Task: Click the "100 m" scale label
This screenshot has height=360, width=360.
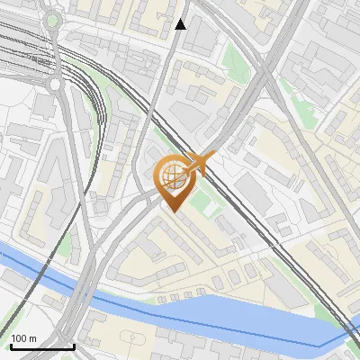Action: point(23,338)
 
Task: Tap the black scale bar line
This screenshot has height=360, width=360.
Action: point(41,346)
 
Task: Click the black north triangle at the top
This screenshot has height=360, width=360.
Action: point(181,24)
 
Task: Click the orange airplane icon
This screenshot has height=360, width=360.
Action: point(200,163)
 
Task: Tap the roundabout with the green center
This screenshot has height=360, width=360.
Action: point(52,20)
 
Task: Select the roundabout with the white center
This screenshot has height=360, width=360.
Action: point(57,85)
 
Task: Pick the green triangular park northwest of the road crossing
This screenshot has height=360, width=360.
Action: point(233,58)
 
